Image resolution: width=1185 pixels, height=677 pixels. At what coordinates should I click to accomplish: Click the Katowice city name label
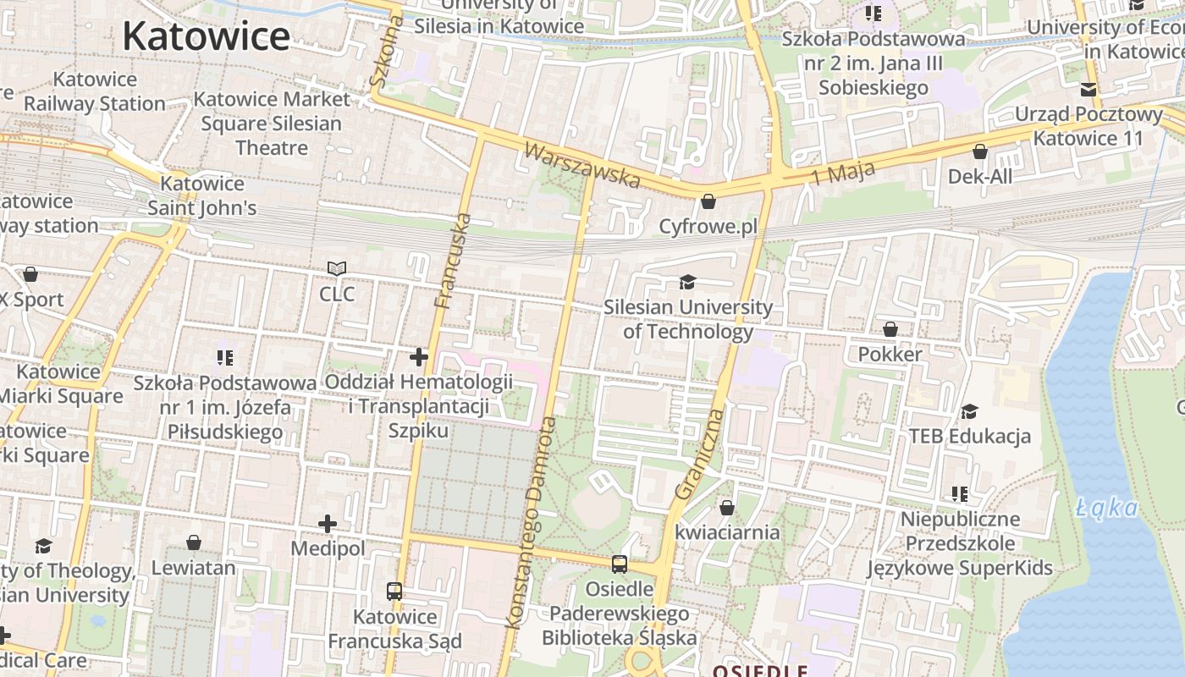(206, 36)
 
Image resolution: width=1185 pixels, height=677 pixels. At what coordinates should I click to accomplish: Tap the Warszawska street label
(581, 165)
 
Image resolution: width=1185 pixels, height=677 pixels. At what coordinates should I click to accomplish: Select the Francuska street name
(452, 261)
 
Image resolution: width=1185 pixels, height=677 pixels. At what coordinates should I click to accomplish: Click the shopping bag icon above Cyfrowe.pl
(708, 202)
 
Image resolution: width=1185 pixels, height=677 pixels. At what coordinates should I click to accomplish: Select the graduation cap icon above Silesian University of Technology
(687, 282)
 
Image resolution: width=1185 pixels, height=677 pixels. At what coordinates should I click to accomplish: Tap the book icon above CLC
(337, 269)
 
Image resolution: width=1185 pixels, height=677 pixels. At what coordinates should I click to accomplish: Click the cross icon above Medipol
(328, 525)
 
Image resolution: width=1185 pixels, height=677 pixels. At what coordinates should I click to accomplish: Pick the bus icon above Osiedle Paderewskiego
(620, 564)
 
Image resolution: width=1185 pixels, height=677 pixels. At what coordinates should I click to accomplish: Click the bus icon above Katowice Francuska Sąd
(394, 592)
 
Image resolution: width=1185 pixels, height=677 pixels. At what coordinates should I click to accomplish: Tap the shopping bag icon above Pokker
(890, 329)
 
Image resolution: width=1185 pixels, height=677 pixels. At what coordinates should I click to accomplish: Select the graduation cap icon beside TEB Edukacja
(969, 411)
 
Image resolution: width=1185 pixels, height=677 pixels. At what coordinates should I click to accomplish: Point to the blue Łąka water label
(1107, 508)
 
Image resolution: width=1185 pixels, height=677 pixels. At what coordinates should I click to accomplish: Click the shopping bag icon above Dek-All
(980, 152)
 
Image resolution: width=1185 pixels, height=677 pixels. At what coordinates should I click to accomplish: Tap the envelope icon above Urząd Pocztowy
(1089, 90)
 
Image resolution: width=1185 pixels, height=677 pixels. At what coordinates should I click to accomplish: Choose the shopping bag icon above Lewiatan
(194, 542)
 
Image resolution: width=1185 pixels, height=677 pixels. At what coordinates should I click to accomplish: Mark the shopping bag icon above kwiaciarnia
(726, 508)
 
